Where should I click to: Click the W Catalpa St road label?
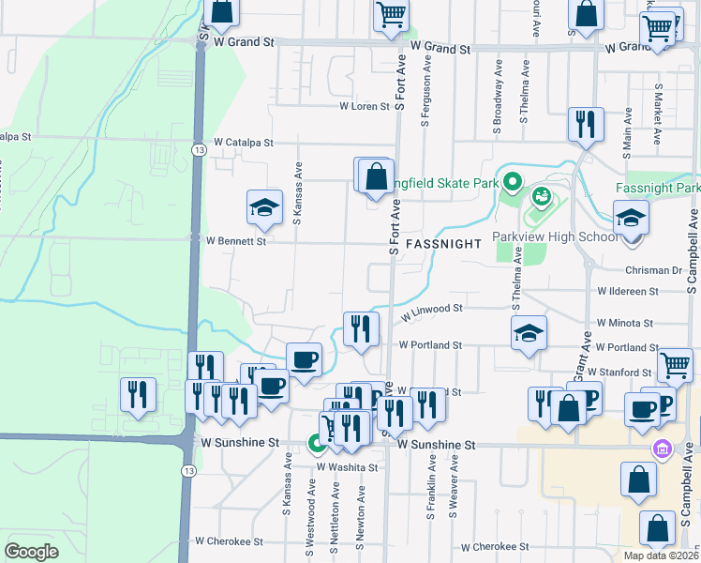(243, 143)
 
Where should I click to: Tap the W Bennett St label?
(235, 241)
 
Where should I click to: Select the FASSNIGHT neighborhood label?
(443, 243)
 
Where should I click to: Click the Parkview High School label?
(556, 236)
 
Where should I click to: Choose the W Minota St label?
(624, 323)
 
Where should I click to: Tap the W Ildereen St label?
(641, 294)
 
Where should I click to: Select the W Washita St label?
(347, 466)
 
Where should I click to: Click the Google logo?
(31, 551)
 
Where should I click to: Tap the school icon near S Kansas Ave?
(264, 208)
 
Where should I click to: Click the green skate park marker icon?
(512, 181)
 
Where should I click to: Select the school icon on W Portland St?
(529, 333)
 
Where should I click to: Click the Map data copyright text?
(662, 555)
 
